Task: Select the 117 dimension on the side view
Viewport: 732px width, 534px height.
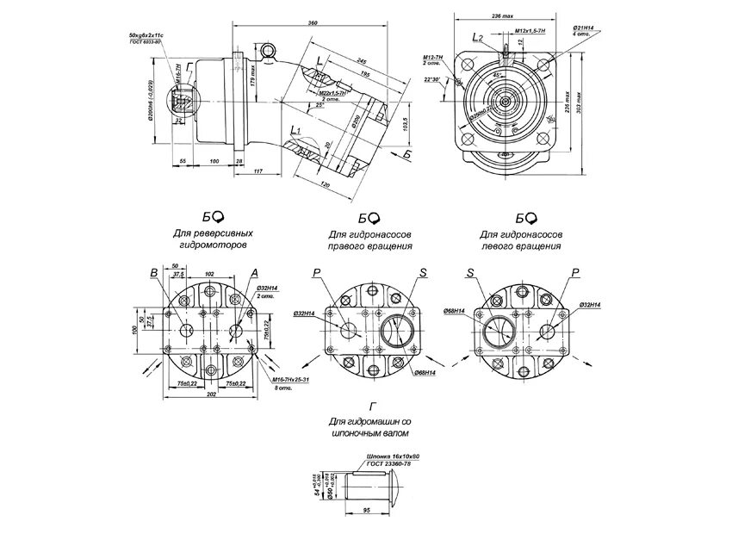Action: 258,173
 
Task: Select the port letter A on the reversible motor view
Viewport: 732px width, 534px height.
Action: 255,273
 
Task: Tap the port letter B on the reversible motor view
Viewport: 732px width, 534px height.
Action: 154,273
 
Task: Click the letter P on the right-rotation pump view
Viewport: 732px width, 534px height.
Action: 316,272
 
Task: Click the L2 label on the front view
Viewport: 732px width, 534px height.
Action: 479,37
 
